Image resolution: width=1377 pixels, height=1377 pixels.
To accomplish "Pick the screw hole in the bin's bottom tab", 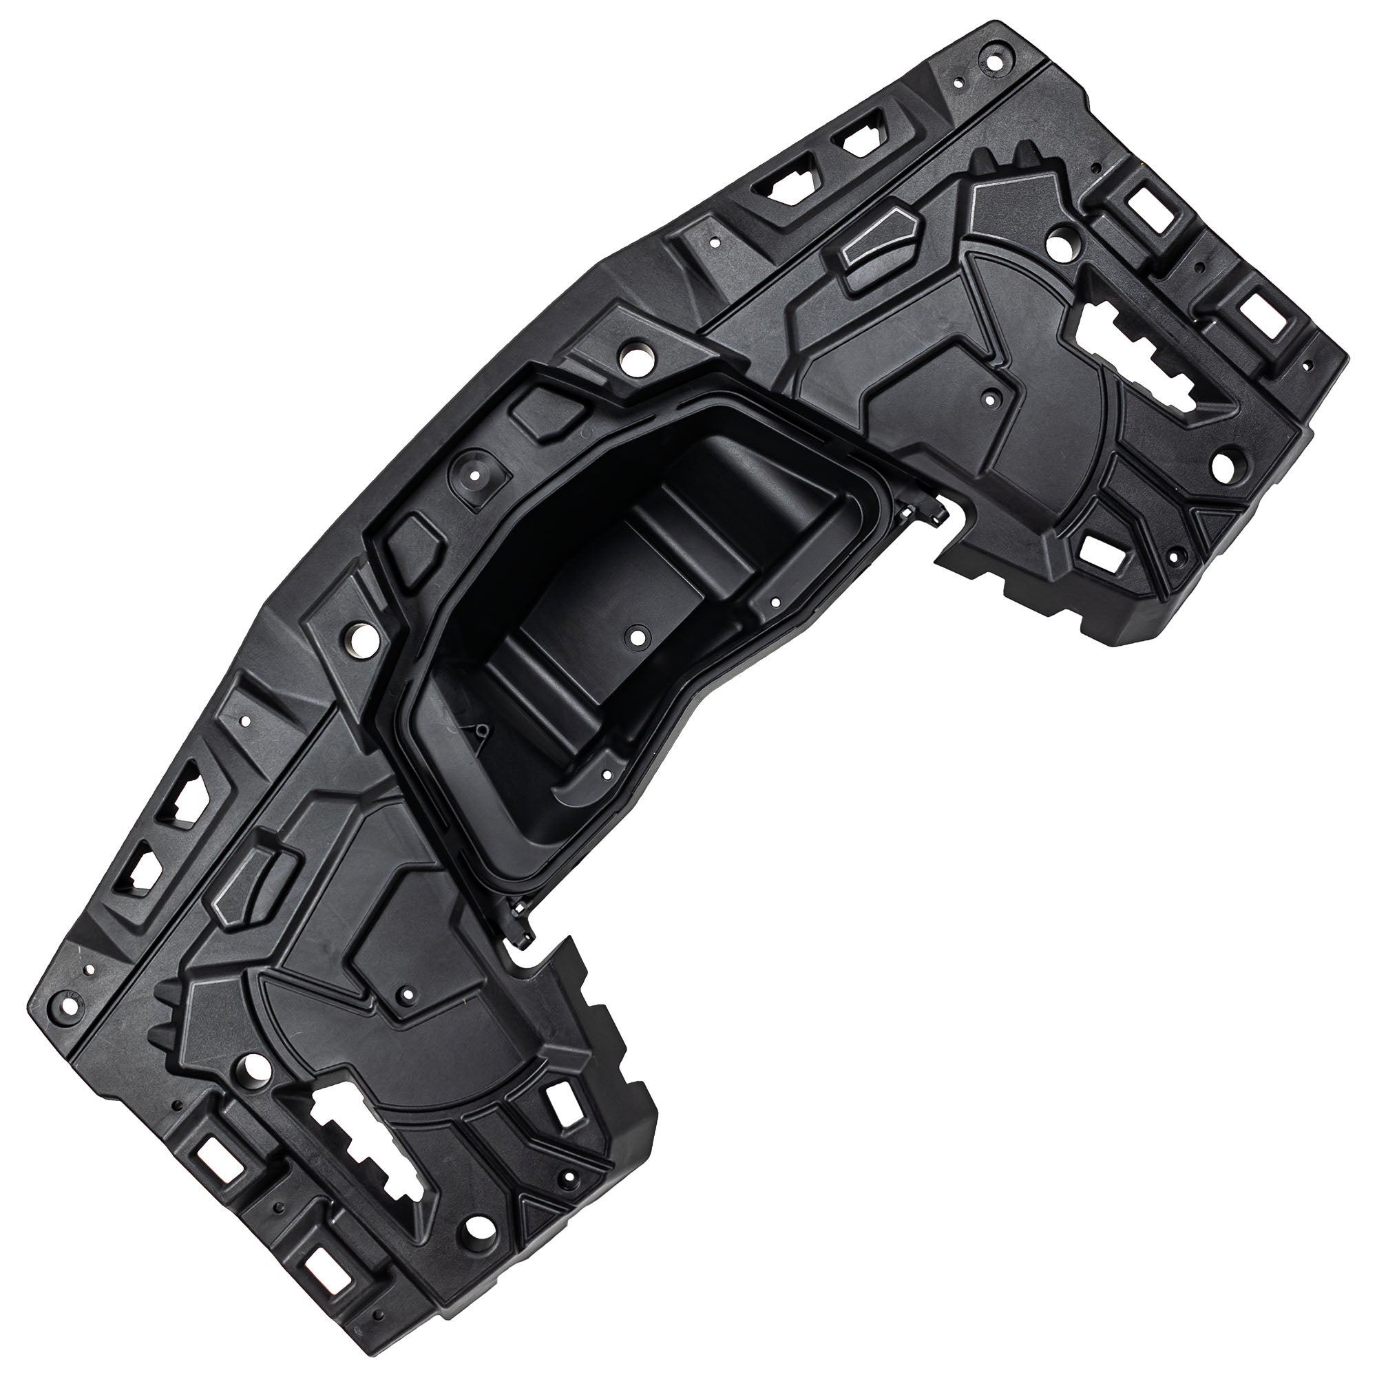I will [x=607, y=772].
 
